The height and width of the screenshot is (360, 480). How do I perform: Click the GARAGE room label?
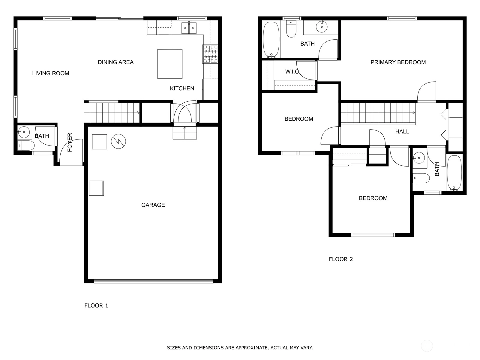tap(153, 205)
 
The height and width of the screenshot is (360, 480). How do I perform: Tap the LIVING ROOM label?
tap(51, 73)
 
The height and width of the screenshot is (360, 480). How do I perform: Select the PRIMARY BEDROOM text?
tap(398, 62)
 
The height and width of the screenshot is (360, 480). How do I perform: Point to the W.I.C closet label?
tap(292, 72)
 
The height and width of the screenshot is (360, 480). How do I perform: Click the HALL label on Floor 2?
tap(402, 131)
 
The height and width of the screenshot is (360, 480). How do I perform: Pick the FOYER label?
tap(70, 142)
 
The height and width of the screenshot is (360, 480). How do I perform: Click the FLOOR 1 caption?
tap(96, 305)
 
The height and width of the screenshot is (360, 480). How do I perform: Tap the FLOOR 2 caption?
tap(341, 259)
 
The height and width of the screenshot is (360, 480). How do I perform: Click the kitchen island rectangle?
tap(170, 64)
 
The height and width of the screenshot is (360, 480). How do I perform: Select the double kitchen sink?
tap(189, 28)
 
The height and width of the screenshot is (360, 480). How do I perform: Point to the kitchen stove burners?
tap(210, 54)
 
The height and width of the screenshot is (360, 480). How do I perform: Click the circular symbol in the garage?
tap(118, 141)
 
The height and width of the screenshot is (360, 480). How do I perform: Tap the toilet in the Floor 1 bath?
tap(26, 145)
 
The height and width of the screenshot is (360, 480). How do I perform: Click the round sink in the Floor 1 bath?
tap(23, 132)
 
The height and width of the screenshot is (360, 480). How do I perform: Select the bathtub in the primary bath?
tap(271, 40)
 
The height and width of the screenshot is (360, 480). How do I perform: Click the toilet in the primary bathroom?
tap(291, 29)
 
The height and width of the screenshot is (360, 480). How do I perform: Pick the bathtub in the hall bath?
tap(454, 173)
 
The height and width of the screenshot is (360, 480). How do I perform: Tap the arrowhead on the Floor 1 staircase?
tap(138, 113)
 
